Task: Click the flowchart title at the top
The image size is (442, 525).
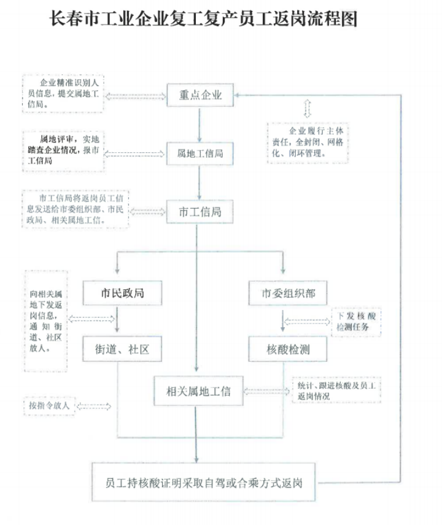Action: pyautogui.click(x=203, y=18)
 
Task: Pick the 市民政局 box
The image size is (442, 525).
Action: pyautogui.click(x=123, y=293)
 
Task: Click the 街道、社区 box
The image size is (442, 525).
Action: pyautogui.click(x=123, y=349)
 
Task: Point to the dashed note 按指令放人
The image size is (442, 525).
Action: pyautogui.click(x=49, y=406)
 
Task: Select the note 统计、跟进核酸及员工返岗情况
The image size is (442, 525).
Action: pyautogui.click(x=336, y=391)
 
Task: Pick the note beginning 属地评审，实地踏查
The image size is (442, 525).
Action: pyautogui.click(x=63, y=150)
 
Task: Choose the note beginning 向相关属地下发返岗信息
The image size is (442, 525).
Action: pyautogui.click(x=46, y=320)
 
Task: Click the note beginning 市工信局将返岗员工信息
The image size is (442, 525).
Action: pyautogui.click(x=75, y=209)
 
